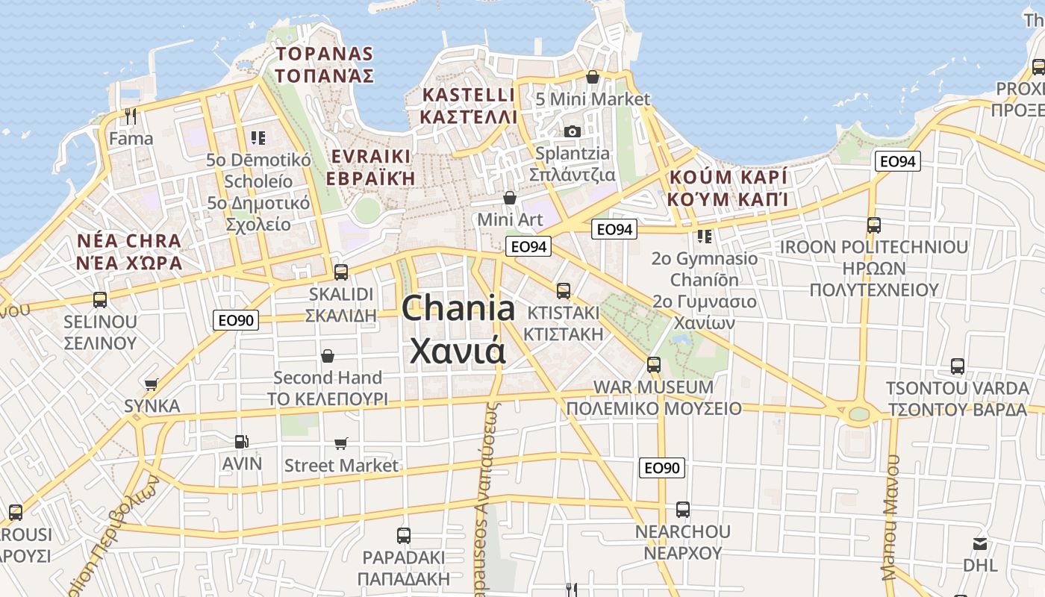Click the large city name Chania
[458, 329]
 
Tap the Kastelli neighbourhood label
[468, 105]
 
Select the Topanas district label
[324, 64]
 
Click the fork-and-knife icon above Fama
[131, 116]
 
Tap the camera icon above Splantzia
[573, 131]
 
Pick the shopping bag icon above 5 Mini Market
[593, 77]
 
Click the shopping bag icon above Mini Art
[510, 198]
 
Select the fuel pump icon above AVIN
[241, 442]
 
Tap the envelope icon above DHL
[980, 543]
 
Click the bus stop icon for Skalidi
[341, 272]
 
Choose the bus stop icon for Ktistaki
[564, 290]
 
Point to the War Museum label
[653, 398]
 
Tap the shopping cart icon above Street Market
[341, 444]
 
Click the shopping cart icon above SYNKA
[152, 385]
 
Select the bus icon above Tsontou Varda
[958, 366]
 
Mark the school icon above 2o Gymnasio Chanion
[704, 237]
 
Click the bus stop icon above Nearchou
[682, 510]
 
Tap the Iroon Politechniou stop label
[873, 268]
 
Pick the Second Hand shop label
[328, 387]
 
